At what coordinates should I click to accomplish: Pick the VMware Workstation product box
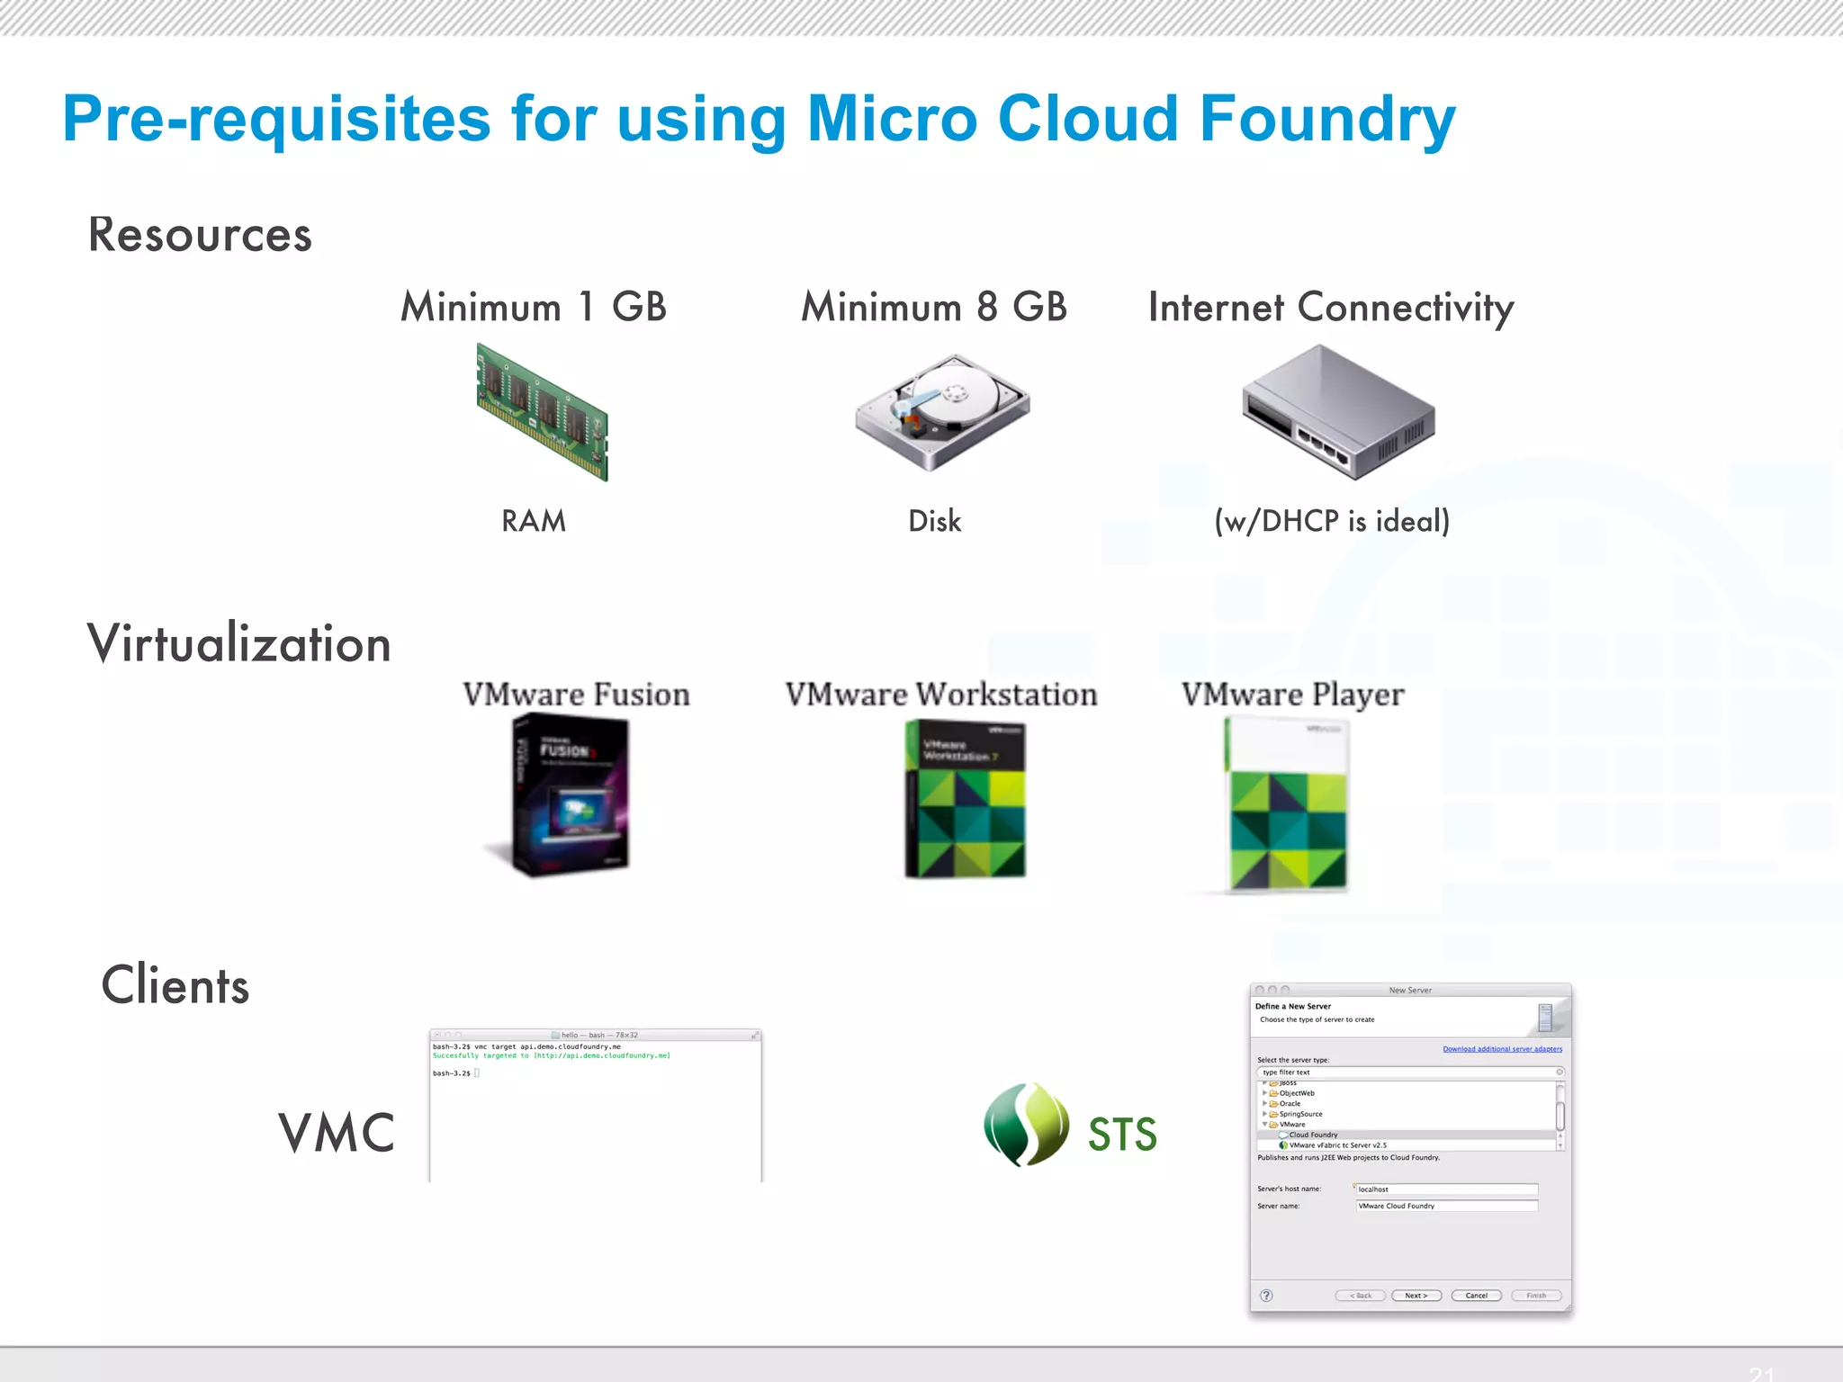(x=965, y=799)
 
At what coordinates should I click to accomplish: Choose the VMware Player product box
(x=1288, y=803)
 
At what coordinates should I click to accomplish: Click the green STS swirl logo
(x=1026, y=1125)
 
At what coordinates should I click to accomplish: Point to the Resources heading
(x=200, y=235)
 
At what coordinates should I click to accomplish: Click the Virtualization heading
(x=238, y=644)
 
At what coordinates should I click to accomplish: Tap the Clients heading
(x=175, y=985)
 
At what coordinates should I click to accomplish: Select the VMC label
(x=337, y=1133)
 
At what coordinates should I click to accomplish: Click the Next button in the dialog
(x=1416, y=1296)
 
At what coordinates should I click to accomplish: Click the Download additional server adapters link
(x=1502, y=1049)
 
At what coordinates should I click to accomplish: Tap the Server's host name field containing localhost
(x=1445, y=1189)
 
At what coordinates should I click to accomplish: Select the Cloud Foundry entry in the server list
(x=1313, y=1135)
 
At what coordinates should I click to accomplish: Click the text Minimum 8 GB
(x=934, y=308)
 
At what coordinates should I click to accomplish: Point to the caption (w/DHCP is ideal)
(x=1332, y=521)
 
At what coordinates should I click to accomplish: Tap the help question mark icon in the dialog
(x=1266, y=1296)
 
